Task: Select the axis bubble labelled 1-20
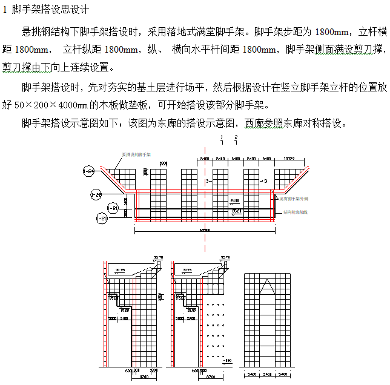[x=101, y=218]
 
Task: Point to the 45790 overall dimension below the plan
[x=204, y=231]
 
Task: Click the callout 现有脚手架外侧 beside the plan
[x=296, y=199]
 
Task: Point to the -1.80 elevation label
[x=227, y=361]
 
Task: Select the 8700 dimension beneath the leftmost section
[x=142, y=377]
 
